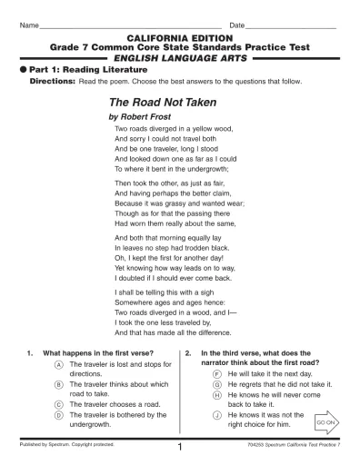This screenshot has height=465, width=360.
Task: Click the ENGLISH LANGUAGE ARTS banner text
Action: point(180,55)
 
